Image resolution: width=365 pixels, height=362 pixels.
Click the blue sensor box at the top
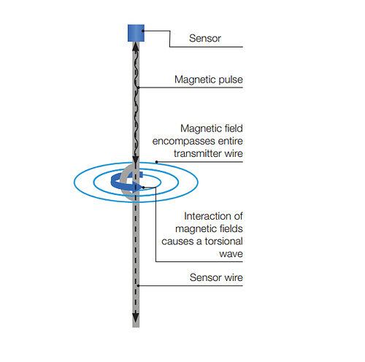136,33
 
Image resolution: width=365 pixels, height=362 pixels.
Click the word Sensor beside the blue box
205,39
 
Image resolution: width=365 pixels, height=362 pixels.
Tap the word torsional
223,241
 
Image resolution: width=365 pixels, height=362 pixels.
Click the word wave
231,254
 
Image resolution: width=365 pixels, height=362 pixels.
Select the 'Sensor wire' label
216,277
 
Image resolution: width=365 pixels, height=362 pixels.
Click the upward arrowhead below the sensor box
136,47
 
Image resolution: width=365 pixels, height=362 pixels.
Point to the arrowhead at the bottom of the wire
136,318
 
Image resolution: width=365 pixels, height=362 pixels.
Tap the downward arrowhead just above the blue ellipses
136,160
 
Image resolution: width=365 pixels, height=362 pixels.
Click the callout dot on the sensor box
143,31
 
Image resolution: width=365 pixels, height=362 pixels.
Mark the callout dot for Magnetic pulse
138,88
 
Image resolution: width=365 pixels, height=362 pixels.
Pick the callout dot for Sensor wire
138,285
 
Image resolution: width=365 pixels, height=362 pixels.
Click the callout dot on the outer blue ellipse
157,162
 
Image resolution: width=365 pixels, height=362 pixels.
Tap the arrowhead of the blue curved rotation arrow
137,187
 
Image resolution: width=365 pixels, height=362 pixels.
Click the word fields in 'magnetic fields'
231,228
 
